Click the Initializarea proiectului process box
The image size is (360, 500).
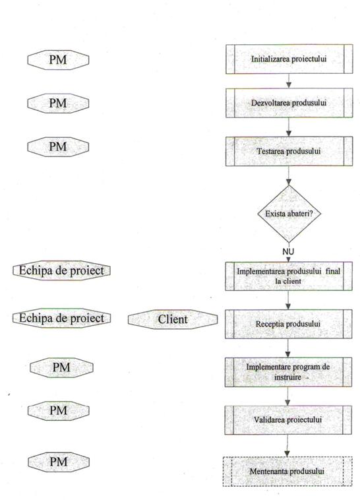click(289, 59)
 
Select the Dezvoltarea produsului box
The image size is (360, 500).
click(289, 103)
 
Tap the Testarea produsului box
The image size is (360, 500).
click(289, 151)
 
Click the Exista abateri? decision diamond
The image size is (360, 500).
click(289, 214)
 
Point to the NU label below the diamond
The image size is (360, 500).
click(288, 251)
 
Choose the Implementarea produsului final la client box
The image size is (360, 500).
click(289, 276)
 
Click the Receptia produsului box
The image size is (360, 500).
click(289, 324)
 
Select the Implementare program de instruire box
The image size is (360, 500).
click(288, 372)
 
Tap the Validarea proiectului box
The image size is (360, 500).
click(288, 420)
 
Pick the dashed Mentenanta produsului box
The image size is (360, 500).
click(287, 471)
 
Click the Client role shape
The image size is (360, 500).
click(173, 319)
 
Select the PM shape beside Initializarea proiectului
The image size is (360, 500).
click(58, 60)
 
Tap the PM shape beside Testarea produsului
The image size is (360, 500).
click(58, 146)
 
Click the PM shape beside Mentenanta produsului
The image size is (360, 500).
click(59, 462)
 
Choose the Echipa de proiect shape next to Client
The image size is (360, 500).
click(61, 318)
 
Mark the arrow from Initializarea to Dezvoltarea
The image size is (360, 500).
click(289, 81)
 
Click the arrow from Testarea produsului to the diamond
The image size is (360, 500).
click(289, 175)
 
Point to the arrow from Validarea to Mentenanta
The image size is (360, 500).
click(287, 446)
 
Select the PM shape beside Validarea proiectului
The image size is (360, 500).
click(59, 411)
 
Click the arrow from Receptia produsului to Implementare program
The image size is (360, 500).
click(288, 348)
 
